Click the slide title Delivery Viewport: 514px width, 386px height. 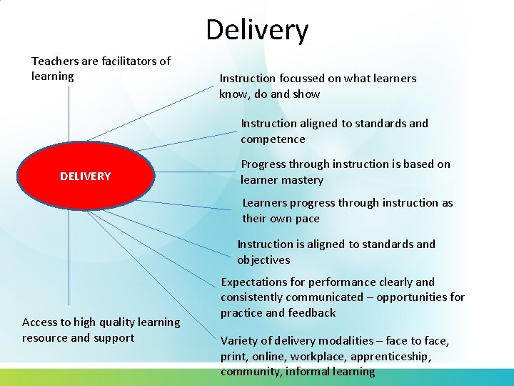pyautogui.click(x=257, y=30)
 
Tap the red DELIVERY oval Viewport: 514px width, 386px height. pyautogui.click(x=86, y=176)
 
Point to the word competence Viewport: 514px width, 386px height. pyautogui.click(x=273, y=139)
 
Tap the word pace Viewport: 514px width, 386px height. pyautogui.click(x=306, y=219)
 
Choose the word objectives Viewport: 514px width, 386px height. pyautogui.click(x=263, y=259)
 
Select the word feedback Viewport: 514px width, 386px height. pyautogui.click(x=312, y=312)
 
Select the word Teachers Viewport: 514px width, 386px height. pyautogui.click(x=54, y=61)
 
